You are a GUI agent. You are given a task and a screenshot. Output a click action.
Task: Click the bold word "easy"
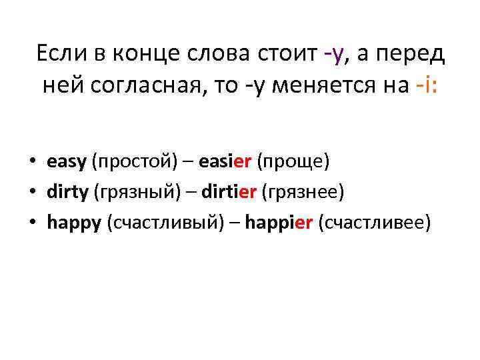point(67,162)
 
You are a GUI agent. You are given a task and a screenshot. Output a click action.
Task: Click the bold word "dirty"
point(67,192)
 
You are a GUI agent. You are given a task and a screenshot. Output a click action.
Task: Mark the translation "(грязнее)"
point(302,192)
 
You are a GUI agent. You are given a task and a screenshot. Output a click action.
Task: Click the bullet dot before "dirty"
point(32,193)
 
